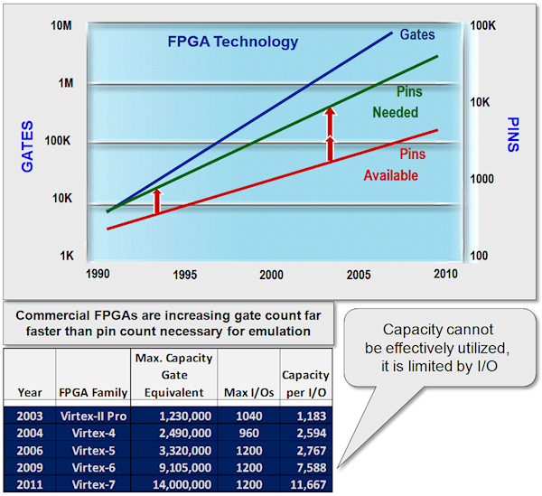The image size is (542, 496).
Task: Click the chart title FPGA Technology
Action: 232,41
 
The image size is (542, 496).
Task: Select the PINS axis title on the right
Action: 513,135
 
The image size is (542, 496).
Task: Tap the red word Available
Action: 390,175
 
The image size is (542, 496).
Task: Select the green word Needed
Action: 396,113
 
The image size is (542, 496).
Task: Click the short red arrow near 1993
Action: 156,201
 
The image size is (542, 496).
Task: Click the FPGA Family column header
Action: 92,392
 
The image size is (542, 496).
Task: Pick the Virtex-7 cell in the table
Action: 94,484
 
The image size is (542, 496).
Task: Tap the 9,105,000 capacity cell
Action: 173,469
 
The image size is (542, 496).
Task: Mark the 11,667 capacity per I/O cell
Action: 305,484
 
